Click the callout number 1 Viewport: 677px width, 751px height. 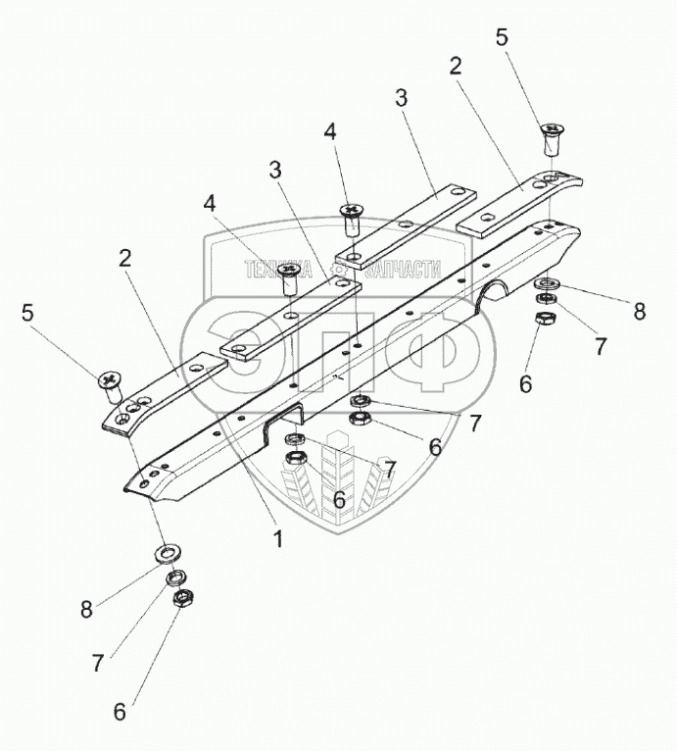(x=278, y=539)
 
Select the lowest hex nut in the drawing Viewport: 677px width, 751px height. (x=180, y=598)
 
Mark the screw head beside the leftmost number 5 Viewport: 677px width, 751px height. (x=110, y=378)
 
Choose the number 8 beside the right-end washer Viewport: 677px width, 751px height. (x=639, y=312)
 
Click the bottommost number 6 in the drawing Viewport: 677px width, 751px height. (x=120, y=712)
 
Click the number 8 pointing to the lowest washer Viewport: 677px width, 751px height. (x=87, y=609)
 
